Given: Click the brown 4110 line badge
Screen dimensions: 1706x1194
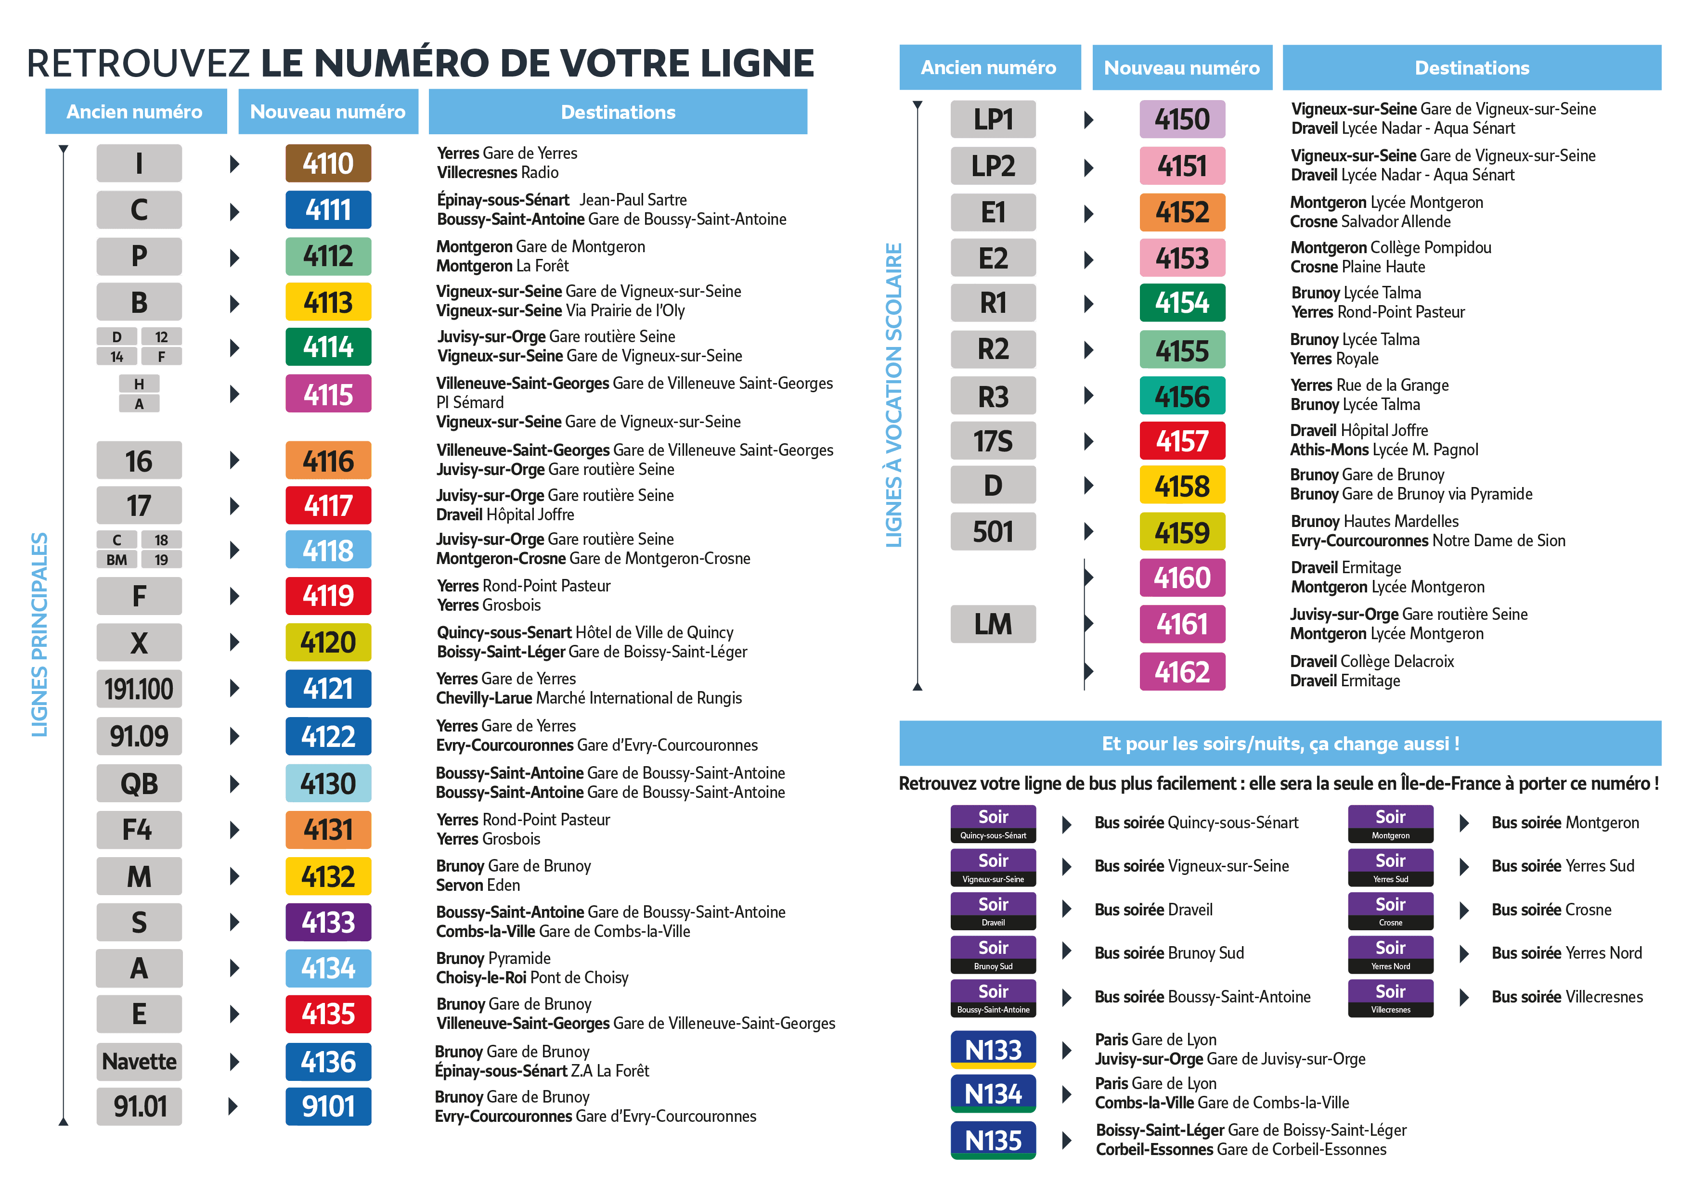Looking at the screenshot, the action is point(328,164).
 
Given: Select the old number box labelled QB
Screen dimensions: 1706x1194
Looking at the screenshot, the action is point(139,783).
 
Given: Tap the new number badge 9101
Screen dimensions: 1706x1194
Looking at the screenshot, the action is point(328,1106).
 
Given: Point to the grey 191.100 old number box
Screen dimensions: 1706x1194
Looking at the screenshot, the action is point(139,689).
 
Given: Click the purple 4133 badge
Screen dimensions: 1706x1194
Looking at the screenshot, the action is point(328,922).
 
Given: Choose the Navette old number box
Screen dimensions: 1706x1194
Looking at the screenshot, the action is point(139,1062).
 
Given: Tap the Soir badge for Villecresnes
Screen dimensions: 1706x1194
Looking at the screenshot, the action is point(1390,998).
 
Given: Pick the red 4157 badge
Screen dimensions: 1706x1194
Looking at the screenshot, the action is point(1182,441).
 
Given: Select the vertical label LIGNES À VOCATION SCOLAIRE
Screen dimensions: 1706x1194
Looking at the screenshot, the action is point(894,395).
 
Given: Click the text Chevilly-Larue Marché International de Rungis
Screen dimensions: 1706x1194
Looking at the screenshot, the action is point(588,698).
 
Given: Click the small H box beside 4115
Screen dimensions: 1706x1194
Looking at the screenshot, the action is point(139,384).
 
